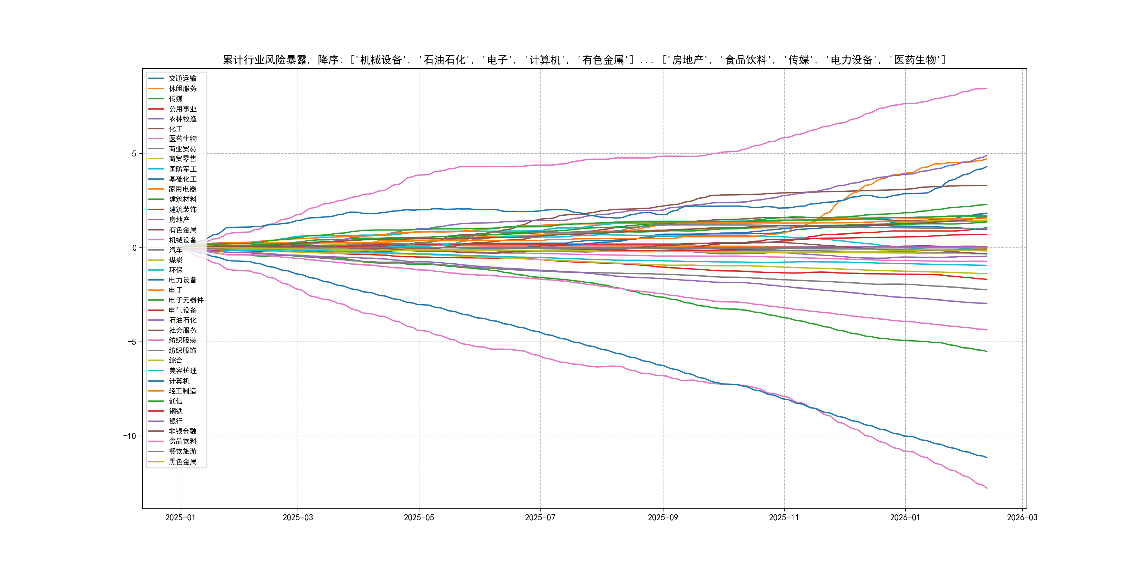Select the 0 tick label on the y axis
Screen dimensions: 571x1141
(x=134, y=248)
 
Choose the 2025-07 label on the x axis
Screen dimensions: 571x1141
(x=540, y=517)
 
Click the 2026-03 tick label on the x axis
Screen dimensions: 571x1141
(x=1022, y=517)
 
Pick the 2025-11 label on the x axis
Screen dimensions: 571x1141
(x=784, y=517)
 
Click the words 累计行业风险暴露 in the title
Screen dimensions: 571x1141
(x=265, y=60)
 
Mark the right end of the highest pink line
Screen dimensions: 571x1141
(x=987, y=89)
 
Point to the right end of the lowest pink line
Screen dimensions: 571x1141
(x=987, y=488)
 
